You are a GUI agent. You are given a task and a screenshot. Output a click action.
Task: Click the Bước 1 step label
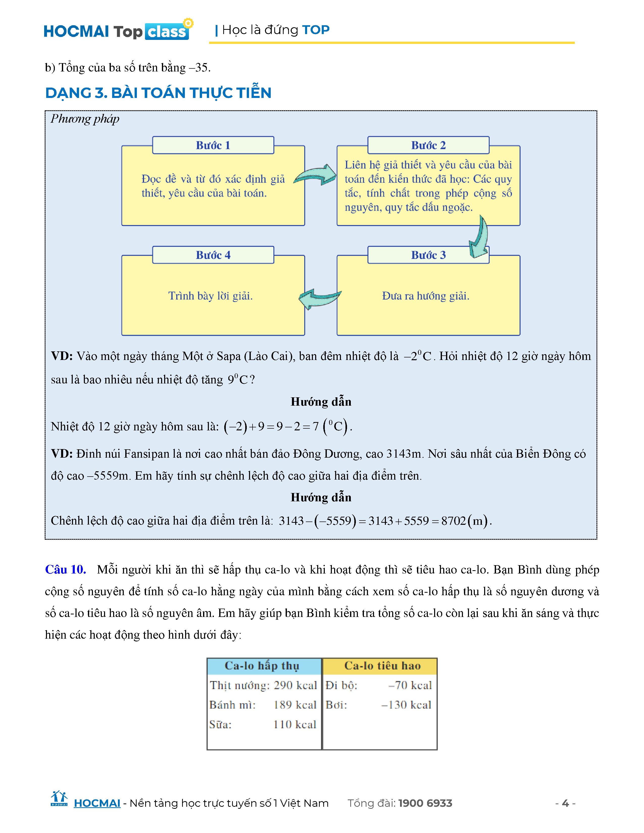(x=213, y=145)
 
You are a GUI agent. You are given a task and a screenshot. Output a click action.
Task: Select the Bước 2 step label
(x=428, y=145)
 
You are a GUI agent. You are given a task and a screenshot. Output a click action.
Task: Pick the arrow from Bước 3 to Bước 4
(x=320, y=299)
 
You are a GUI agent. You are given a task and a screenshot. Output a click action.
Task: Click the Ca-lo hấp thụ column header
(x=262, y=666)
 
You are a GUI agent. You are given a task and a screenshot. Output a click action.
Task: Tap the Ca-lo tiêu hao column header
(x=382, y=666)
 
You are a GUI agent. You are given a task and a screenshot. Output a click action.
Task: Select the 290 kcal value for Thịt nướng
(x=295, y=685)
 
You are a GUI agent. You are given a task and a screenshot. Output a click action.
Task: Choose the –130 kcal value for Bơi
(x=407, y=705)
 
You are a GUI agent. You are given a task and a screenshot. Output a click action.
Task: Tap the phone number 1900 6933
(x=425, y=803)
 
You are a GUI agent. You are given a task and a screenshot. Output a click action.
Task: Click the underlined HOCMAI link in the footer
(x=97, y=803)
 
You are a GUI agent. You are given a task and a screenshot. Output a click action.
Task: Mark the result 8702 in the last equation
(x=454, y=520)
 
